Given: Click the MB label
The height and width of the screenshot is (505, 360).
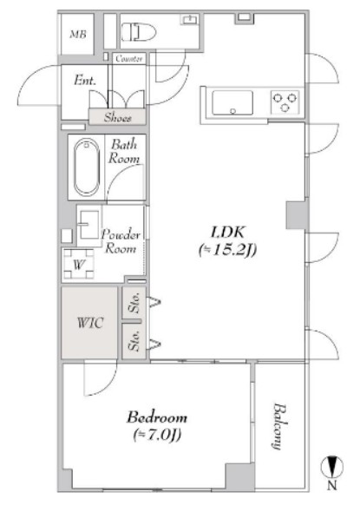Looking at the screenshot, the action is click(x=78, y=35).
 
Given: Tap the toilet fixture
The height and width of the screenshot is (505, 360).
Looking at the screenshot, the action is click(x=139, y=31).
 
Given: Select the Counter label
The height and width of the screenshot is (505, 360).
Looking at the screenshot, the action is click(x=129, y=59).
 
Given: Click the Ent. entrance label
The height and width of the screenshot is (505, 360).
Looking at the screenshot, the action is click(x=85, y=80).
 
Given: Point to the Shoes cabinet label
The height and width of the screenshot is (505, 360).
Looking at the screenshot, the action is click(x=117, y=117).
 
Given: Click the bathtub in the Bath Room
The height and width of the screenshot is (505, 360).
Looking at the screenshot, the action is click(x=86, y=167).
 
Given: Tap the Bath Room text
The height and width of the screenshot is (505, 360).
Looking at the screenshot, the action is click(x=124, y=151).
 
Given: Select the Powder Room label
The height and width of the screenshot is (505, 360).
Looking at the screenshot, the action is click(x=121, y=241).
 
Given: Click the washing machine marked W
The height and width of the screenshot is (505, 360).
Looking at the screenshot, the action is click(x=79, y=265).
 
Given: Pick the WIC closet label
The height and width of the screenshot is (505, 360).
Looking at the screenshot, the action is click(x=90, y=323).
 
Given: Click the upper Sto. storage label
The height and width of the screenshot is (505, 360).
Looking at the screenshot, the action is click(x=134, y=303).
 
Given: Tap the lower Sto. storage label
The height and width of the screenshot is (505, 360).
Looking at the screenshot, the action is click(x=134, y=341).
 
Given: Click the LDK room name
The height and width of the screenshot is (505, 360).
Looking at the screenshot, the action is click(x=228, y=232).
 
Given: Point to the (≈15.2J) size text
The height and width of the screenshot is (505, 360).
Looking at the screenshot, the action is click(x=227, y=250).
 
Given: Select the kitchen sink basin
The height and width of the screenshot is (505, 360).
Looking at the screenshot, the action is click(x=232, y=102).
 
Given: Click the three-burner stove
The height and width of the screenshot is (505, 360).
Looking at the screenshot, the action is click(x=285, y=102).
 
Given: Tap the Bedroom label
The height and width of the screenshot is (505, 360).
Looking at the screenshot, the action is click(x=157, y=417).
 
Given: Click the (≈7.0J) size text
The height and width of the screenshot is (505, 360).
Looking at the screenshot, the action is click(x=157, y=435).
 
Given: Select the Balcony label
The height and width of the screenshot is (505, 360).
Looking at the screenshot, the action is click(x=278, y=426).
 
